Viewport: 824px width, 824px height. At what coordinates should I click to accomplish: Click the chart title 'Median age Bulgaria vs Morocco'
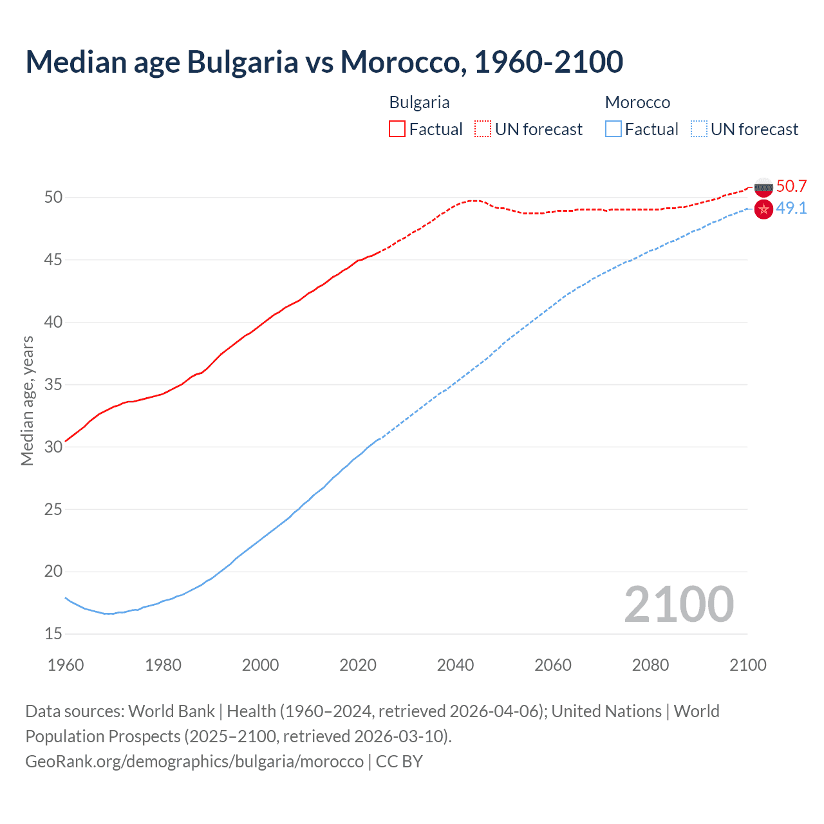coord(324,62)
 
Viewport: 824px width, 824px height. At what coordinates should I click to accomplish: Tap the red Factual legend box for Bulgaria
coord(397,129)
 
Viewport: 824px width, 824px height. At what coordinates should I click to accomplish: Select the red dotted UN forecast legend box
coord(483,129)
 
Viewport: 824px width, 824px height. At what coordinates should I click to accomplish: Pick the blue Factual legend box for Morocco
coord(613,129)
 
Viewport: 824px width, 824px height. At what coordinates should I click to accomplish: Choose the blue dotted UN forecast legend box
coord(698,129)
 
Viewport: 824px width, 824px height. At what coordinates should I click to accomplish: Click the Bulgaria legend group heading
coord(419,102)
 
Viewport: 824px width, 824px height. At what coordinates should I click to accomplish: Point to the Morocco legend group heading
coord(637,102)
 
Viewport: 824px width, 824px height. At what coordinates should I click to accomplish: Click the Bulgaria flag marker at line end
coord(763,187)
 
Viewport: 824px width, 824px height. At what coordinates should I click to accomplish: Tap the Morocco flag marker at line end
coord(763,209)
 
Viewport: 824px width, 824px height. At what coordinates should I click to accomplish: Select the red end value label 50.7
coord(791,186)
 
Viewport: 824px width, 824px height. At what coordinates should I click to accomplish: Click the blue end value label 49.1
coord(791,208)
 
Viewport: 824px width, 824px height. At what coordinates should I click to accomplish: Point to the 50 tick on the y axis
coord(53,197)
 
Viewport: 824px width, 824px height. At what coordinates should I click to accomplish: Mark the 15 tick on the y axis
coord(53,634)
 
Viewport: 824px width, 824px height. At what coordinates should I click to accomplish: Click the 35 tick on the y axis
coord(53,384)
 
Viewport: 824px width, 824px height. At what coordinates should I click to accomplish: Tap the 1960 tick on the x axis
coord(66,665)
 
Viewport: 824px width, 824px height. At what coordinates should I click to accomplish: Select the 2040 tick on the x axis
coord(455,665)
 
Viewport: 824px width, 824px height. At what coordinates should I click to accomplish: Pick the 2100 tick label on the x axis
coord(747,665)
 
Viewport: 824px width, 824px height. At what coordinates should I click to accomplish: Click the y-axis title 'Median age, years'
coord(27,400)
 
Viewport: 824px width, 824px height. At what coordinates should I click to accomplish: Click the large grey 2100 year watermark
coord(679,604)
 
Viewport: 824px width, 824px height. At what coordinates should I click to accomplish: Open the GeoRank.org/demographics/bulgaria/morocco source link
coord(194,761)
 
